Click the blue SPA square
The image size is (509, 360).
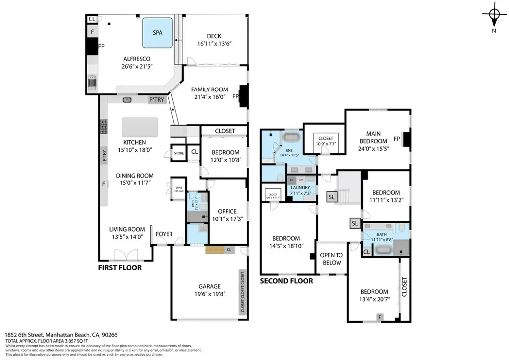tap(158, 33)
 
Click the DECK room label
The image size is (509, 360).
tap(214, 36)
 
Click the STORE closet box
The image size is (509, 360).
tap(178, 153)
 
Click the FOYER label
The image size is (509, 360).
tap(164, 234)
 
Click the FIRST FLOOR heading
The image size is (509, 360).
tap(119, 268)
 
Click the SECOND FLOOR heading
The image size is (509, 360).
tap(287, 281)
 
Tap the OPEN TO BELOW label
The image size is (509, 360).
tap(332, 259)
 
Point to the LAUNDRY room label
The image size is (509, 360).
tap(300, 187)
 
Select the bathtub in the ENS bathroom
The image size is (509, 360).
tap(291, 137)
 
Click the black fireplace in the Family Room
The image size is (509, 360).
tap(243, 96)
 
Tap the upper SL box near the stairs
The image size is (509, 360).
tap(332, 197)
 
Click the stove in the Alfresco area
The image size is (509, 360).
tap(92, 82)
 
